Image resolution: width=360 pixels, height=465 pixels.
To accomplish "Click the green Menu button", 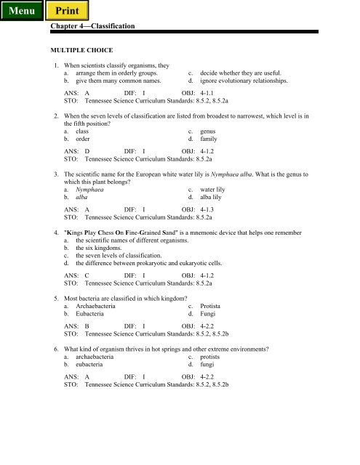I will pyautogui.click(x=21, y=12).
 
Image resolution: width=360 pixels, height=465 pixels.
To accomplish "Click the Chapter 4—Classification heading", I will pyautogui.click(x=94, y=26).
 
